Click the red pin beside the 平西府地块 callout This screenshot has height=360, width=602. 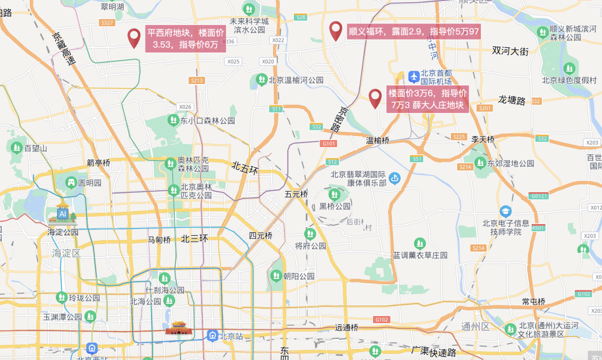pos(134,38)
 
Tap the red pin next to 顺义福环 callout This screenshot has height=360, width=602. pos(336,31)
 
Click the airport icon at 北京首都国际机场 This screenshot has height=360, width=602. pos(414,76)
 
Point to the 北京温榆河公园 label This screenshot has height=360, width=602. pos(296,80)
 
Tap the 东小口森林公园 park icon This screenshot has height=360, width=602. pos(173,120)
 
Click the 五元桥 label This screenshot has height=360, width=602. pos(296,194)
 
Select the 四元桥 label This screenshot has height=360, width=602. pos(260,236)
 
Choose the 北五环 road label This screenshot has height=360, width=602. pos(245,168)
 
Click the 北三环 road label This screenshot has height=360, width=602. pos(194,239)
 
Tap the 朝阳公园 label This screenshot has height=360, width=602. pos(299,276)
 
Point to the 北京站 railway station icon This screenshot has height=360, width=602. pos(212,335)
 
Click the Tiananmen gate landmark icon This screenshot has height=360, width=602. pos(179,328)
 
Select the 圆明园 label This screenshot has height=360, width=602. pos(90,183)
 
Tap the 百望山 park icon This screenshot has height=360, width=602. pos(15,148)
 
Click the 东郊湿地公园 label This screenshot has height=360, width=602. pos(511,163)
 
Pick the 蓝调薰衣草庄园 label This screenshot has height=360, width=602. pos(420,255)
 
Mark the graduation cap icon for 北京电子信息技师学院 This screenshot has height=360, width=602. pos(506,211)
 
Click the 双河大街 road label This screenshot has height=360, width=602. pos(510,51)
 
